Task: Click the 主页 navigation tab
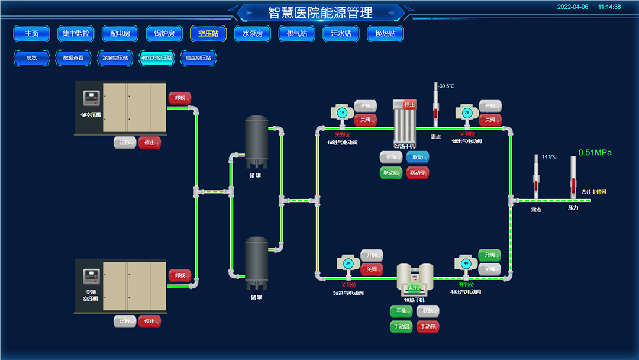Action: pyautogui.click(x=31, y=34)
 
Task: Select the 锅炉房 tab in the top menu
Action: pyautogui.click(x=164, y=34)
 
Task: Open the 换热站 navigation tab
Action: pyautogui.click(x=385, y=34)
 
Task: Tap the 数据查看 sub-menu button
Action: pyautogui.click(x=73, y=58)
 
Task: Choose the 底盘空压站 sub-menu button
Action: pyautogui.click(x=198, y=58)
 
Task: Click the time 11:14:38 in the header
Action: pyautogui.click(x=609, y=7)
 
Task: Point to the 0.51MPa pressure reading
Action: pyautogui.click(x=595, y=153)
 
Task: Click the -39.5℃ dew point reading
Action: pyautogui.click(x=446, y=86)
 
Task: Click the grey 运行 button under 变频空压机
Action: pyautogui.click(x=125, y=322)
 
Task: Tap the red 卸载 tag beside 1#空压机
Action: pyautogui.click(x=180, y=98)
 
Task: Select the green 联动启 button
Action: pyautogui.click(x=391, y=173)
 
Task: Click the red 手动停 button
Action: pyautogui.click(x=427, y=327)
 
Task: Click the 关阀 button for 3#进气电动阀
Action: pyautogui.click(x=372, y=269)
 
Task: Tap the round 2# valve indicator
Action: pyautogui.click(x=466, y=112)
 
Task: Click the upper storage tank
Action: pyautogui.click(x=257, y=141)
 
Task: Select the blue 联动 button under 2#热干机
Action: pyautogui.click(x=418, y=157)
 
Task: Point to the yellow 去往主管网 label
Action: pyautogui.click(x=593, y=192)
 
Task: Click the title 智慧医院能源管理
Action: pyautogui.click(x=320, y=12)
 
